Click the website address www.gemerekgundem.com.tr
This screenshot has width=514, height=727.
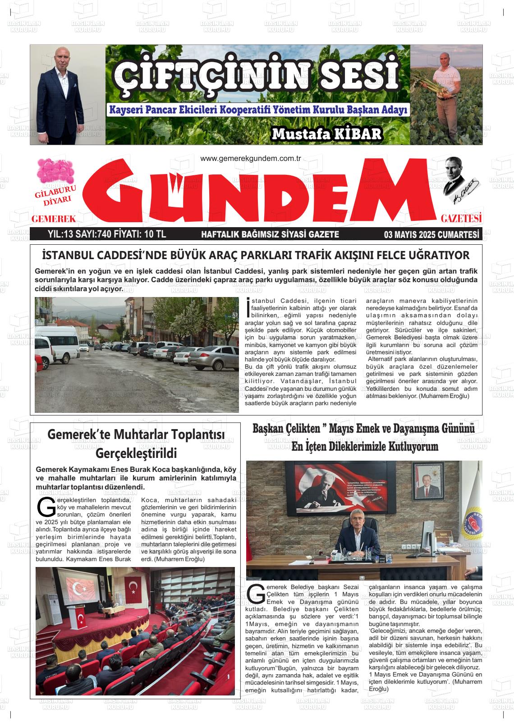(250, 159)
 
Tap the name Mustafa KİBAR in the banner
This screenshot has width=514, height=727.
(327, 134)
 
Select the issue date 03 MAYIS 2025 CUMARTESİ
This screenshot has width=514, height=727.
(431, 234)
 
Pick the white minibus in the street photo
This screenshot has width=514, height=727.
(59, 341)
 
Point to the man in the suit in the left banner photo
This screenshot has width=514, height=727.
(68, 99)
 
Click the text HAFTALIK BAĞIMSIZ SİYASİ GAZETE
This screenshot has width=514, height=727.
(270, 234)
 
